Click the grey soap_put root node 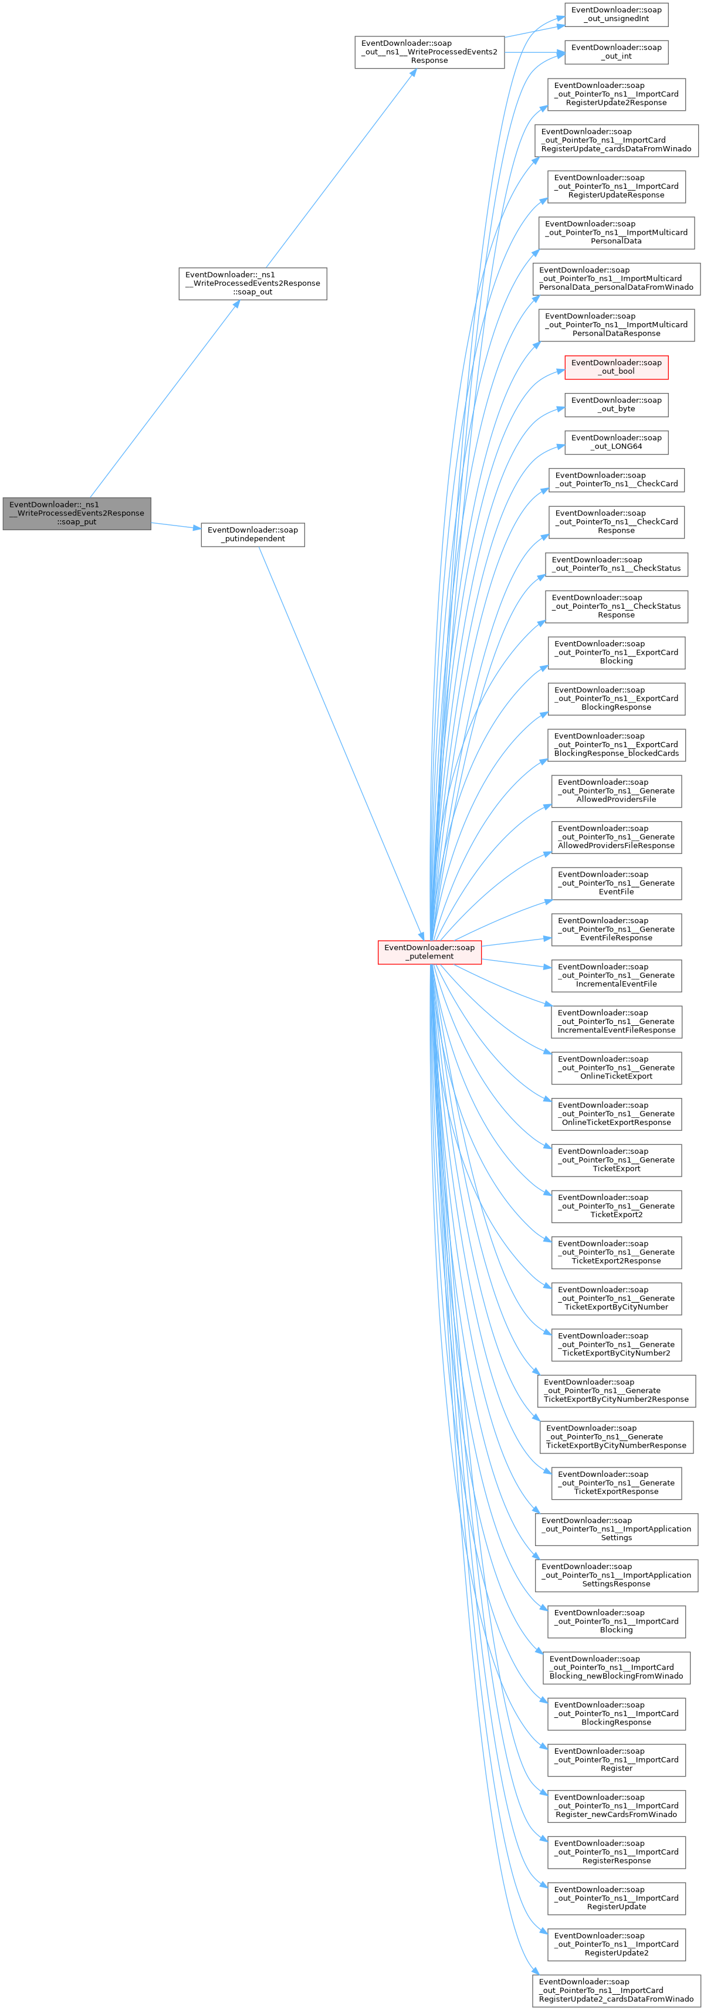(76, 513)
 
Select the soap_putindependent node (252, 534)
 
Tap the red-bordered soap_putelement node (429, 952)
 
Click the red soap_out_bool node (616, 367)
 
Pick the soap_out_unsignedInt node (616, 14)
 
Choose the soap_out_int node (616, 52)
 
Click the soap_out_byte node (616, 404)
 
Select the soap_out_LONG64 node (616, 442)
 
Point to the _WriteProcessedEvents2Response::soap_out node (252, 283)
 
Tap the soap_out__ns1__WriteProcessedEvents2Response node (429, 52)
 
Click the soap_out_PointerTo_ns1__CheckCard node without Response (616, 479)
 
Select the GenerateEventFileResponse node (616, 929)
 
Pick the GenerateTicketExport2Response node (616, 1252)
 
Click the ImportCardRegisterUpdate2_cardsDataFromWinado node (616, 1991)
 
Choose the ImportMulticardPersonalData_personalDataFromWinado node (616, 279)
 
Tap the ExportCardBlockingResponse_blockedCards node (616, 744)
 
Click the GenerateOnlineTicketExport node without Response (616, 1067)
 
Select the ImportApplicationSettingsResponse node (616, 1575)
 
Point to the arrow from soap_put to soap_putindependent (175, 526)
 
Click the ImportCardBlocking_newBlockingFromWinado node (616, 1667)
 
